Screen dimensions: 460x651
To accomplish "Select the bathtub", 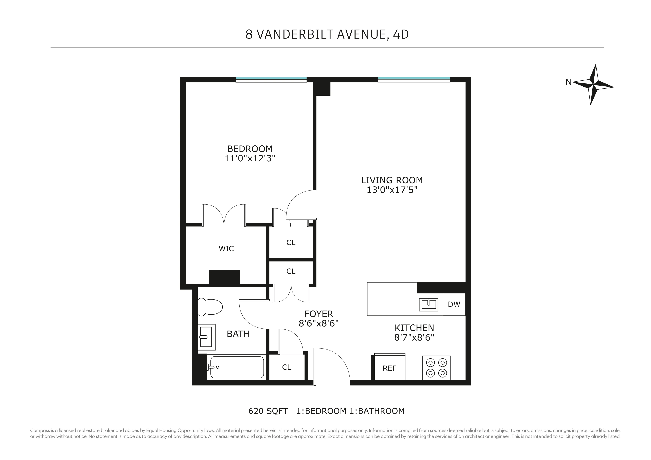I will coord(237,367).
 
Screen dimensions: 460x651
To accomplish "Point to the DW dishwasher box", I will coord(454,304).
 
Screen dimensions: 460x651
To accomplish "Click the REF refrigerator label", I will coord(389,368).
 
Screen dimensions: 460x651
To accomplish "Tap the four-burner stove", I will coord(436,368).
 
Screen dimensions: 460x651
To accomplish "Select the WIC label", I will coord(226,249).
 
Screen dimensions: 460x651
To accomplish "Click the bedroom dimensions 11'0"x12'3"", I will coord(250,158).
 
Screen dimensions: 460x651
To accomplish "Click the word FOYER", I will coord(319,314).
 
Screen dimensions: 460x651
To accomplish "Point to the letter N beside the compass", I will coord(568,82).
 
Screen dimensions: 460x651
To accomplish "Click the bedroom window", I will coord(271,79).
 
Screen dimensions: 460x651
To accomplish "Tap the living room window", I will coord(414,79).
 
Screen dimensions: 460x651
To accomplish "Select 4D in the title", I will coord(401,34).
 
